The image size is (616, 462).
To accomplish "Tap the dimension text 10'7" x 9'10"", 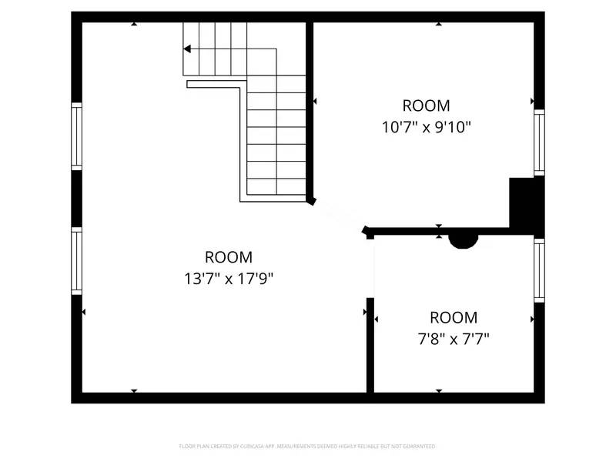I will click(426, 126).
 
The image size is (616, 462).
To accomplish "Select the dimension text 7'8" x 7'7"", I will click(453, 337).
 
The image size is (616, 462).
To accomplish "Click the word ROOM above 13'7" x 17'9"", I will click(228, 257).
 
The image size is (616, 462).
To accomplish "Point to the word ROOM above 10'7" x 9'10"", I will click(426, 105).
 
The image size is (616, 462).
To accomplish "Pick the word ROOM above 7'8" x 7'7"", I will click(453, 317).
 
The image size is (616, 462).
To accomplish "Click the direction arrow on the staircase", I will click(188, 49).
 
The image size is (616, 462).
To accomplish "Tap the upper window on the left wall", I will click(76, 136).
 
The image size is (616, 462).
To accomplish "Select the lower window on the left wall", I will click(76, 261).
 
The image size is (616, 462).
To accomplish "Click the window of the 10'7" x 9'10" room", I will click(539, 142).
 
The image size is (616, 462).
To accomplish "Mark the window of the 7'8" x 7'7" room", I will click(539, 270).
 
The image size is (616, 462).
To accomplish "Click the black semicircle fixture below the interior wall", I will click(464, 240).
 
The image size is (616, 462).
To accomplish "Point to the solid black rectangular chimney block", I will click(525, 204).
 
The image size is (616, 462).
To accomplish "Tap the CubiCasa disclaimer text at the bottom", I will click(308, 446).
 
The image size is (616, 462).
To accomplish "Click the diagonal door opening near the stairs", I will click(338, 216).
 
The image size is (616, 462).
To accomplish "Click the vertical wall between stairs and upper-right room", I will click(310, 108).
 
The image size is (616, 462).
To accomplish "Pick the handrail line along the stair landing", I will click(216, 83).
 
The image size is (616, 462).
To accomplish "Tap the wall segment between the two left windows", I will click(76, 198).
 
